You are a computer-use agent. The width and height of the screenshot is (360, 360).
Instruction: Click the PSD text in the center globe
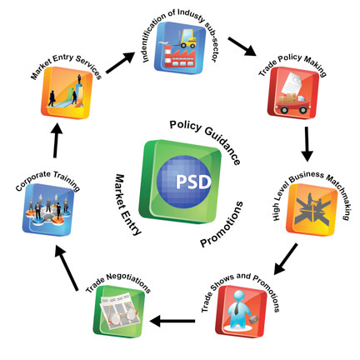point(193,182)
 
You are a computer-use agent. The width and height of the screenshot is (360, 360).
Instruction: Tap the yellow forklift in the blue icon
point(186,39)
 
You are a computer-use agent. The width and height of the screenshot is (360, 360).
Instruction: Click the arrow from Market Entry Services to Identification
point(120,62)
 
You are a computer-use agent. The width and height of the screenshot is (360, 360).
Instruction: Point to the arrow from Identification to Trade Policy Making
point(242,47)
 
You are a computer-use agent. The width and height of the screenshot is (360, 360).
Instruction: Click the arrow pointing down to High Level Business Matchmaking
point(307,144)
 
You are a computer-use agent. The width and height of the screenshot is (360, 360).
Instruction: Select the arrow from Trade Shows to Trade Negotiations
point(172,321)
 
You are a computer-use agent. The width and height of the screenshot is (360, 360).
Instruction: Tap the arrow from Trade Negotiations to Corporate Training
point(67,268)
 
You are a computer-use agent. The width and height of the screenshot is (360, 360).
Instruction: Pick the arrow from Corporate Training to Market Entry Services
point(57,141)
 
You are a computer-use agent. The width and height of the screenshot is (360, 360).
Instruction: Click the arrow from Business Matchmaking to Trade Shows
point(286,259)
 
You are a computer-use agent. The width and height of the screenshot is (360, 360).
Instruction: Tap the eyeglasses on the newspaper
point(122,315)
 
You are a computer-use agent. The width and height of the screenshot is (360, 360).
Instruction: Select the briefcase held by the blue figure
point(254,319)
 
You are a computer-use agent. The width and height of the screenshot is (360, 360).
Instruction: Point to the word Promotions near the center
point(222,224)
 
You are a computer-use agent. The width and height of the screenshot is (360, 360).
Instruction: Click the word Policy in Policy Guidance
point(186,126)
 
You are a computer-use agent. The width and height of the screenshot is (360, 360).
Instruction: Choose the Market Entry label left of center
point(127,205)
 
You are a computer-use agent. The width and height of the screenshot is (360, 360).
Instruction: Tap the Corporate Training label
point(47,180)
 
